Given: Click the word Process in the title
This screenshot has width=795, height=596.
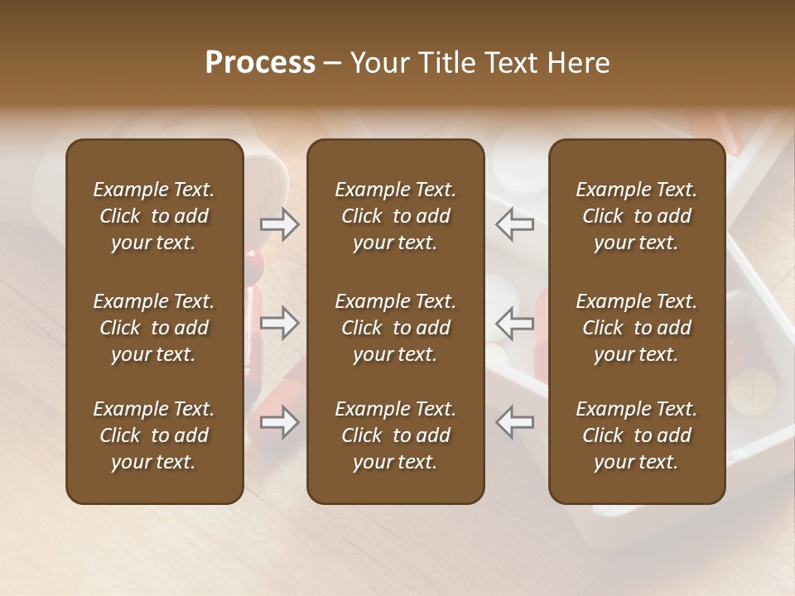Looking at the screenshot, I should pos(260,63).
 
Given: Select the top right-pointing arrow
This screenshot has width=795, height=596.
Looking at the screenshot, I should pos(279,224).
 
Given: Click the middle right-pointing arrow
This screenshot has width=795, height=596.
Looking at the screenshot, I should pos(279,323).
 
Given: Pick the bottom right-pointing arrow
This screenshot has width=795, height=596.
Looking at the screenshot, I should pos(279,422).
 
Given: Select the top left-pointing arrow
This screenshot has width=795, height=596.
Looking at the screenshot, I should pos(514,224).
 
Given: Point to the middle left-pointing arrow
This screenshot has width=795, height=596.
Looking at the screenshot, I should pos(514,323).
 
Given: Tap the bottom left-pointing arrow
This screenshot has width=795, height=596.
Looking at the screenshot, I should pos(514,422).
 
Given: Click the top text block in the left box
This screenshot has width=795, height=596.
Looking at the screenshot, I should pos(154,216).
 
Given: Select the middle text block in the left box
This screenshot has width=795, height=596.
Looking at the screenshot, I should pos(154,328).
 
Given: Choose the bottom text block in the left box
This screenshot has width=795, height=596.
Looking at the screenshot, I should pos(154,435).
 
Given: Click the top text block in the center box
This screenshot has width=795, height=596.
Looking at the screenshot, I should pos(395,216).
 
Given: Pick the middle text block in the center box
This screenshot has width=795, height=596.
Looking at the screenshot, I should pos(395,328).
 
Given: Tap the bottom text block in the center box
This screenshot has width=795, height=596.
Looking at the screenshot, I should pos(395,435).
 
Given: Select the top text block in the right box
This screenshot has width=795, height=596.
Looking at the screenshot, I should pos(636,216).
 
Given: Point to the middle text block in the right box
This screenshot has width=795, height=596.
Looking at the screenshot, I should pos(636,328).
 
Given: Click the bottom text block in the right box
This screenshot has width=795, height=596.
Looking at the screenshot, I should pos(636,435).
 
